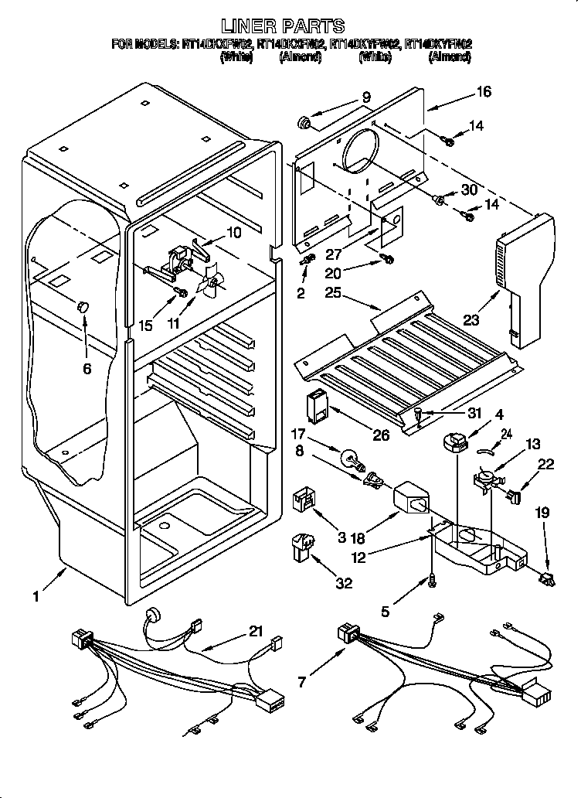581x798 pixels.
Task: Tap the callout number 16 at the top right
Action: coord(484,92)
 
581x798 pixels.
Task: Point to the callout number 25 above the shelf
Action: coord(332,293)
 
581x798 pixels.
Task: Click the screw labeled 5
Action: coord(431,578)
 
